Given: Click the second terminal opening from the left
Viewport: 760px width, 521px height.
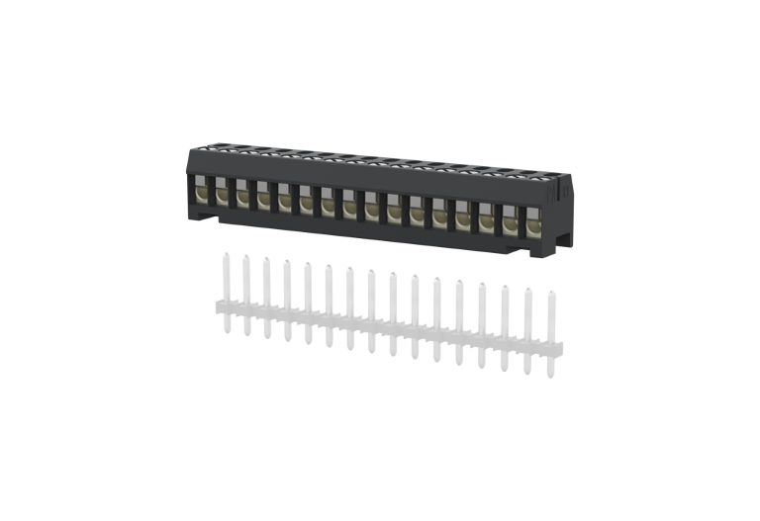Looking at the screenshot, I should pyautogui.click(x=221, y=192).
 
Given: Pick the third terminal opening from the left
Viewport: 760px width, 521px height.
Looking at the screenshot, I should pyautogui.click(x=241, y=194).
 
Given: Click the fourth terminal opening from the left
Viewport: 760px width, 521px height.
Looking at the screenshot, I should pyautogui.click(x=262, y=196).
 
